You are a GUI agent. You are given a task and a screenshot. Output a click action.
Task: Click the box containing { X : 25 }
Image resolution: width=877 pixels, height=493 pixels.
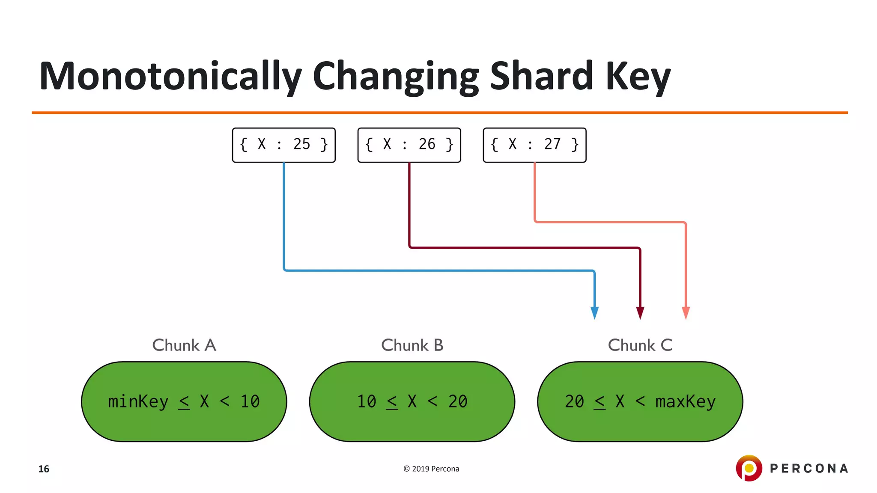point(283,145)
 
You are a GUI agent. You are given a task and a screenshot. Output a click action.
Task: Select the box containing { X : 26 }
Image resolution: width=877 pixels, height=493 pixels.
point(409,145)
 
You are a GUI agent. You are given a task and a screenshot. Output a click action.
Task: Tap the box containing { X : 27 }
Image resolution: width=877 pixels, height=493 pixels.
point(534,145)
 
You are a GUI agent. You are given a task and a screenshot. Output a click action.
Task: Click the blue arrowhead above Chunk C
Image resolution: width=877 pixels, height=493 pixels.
point(594,313)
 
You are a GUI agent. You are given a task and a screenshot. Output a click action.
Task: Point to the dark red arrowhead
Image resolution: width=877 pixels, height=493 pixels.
point(640,313)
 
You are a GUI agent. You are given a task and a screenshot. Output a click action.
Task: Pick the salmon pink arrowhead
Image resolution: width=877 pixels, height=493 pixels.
point(686,313)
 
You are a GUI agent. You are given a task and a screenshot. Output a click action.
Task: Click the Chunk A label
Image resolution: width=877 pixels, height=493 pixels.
point(184,345)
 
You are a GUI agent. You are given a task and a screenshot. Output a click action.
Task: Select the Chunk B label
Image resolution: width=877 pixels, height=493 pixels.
point(412,345)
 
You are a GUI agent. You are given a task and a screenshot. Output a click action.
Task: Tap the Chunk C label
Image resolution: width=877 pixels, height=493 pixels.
point(640,345)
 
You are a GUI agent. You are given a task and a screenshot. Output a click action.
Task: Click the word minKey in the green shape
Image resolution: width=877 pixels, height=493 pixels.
point(138,402)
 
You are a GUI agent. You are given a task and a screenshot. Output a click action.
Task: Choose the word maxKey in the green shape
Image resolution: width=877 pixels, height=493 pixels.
point(685,402)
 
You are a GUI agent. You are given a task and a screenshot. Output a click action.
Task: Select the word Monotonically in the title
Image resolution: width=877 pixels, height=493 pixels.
point(170,76)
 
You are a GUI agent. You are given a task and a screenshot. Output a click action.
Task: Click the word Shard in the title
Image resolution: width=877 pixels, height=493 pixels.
point(541,76)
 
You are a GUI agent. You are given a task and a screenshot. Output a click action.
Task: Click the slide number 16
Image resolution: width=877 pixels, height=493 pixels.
point(44,469)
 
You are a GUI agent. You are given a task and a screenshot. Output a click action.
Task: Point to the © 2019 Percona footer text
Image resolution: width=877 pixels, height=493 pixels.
point(431,469)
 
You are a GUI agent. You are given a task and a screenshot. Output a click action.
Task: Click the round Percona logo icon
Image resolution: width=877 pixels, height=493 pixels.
point(749,468)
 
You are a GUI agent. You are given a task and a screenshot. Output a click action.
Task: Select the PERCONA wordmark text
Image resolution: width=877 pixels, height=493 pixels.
point(809,469)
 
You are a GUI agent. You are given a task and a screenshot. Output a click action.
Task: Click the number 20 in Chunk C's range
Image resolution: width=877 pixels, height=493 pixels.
point(574,402)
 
